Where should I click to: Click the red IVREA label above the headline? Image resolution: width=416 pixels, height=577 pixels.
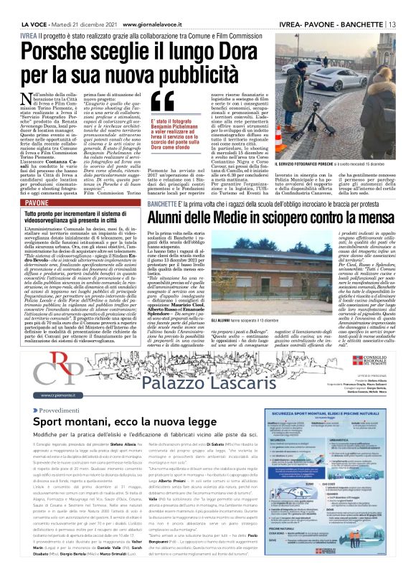tap(29, 34)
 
